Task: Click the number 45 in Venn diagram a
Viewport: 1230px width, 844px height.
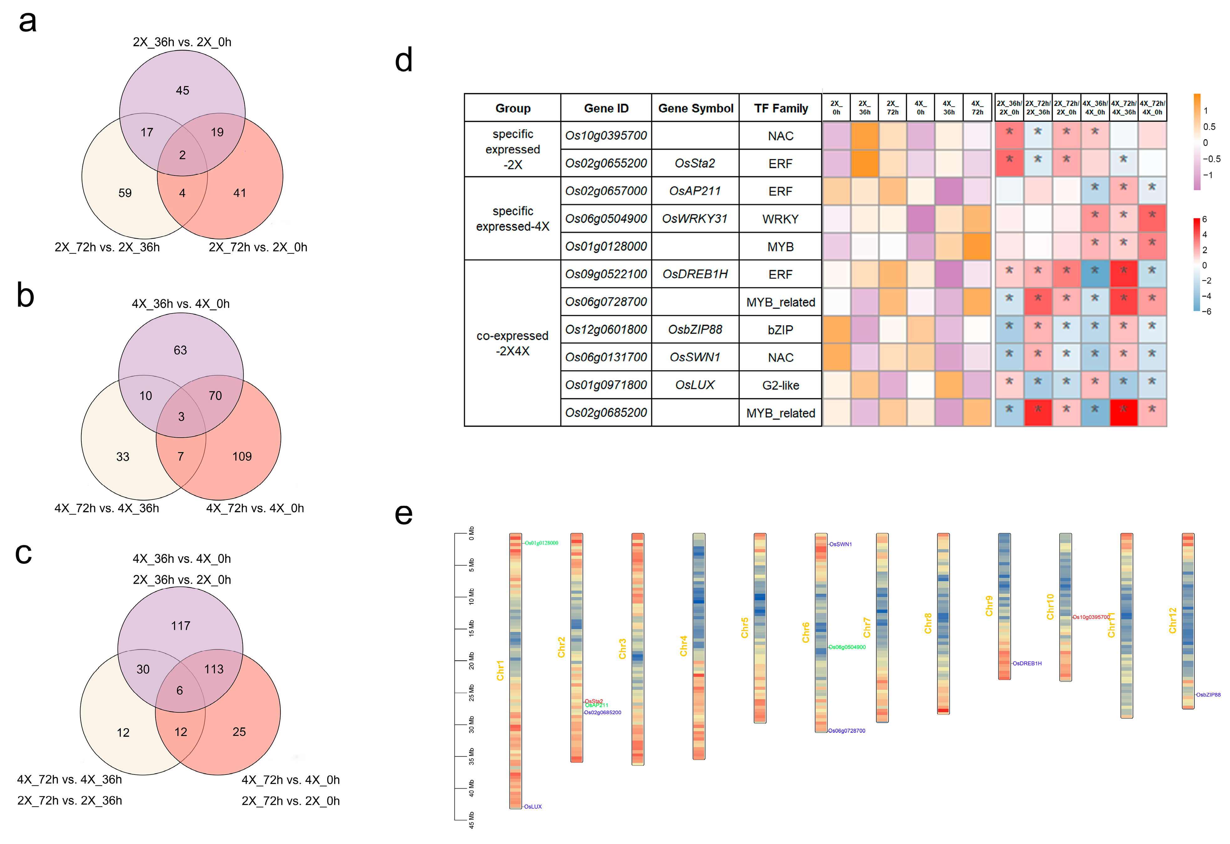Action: coord(182,90)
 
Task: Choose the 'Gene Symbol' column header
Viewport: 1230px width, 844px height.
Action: coord(695,109)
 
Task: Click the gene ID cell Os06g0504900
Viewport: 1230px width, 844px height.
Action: coord(606,219)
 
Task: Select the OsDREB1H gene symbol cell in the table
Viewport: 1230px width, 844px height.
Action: coord(695,274)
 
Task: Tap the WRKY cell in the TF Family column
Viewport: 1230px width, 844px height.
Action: coord(780,219)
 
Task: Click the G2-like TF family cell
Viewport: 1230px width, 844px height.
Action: coord(780,385)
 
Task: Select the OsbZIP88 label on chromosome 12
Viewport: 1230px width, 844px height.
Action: coord(1208,695)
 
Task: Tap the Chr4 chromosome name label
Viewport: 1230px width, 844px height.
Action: coord(683,646)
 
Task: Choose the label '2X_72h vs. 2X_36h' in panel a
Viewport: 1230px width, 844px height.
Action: coord(107,247)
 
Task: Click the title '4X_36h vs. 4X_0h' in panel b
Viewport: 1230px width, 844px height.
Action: coord(181,304)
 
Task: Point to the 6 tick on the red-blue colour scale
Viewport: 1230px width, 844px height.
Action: coord(1205,219)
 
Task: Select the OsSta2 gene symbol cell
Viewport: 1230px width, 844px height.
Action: coord(695,164)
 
